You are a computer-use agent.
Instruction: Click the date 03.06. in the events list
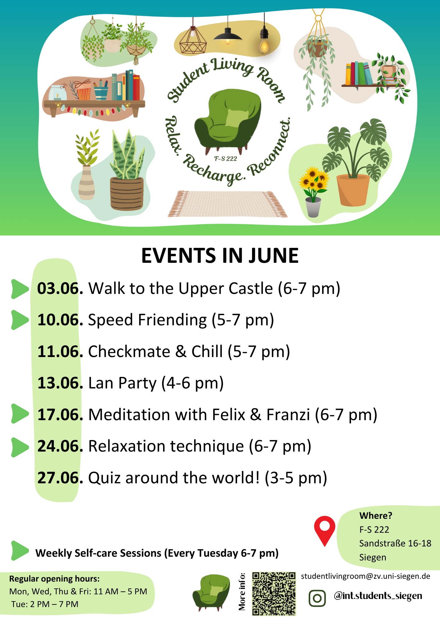click(60, 288)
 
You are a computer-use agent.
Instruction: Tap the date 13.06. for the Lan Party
click(60, 383)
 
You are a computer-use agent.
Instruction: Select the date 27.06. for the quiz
click(60, 478)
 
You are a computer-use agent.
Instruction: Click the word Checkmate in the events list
click(129, 351)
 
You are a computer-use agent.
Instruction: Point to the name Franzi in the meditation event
click(288, 415)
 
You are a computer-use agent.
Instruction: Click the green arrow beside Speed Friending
click(20, 320)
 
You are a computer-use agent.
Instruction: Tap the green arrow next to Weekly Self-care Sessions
click(20, 551)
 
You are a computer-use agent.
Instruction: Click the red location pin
click(325, 531)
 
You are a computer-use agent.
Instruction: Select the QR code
click(274, 594)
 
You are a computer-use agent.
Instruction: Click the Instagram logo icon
click(317, 598)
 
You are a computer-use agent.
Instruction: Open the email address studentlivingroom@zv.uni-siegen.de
click(365, 576)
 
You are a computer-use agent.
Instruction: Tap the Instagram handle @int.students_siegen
click(378, 596)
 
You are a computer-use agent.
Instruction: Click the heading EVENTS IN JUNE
click(220, 256)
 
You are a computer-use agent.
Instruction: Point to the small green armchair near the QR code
click(211, 593)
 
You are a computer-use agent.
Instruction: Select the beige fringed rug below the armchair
click(227, 204)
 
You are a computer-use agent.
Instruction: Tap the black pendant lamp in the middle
click(228, 35)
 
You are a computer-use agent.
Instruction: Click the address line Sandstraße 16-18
click(395, 543)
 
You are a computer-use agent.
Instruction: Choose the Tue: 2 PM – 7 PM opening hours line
click(45, 604)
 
